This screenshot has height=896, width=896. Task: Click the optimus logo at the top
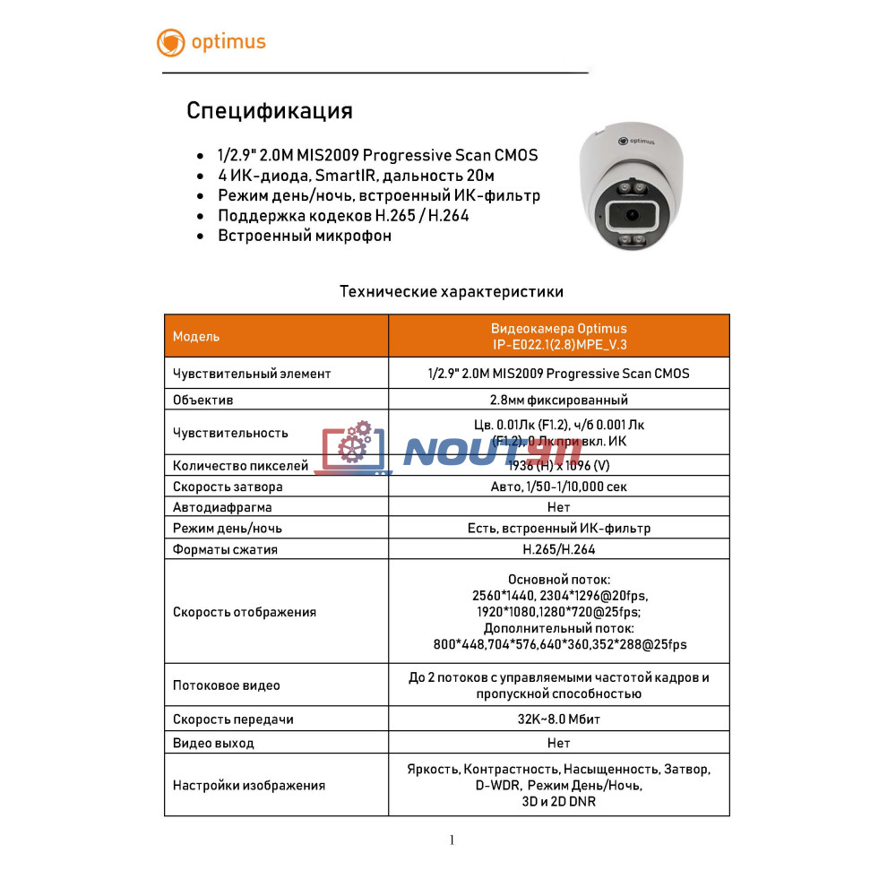point(211,42)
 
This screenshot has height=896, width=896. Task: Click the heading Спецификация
point(269,111)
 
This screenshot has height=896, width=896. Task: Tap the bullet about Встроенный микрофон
point(305,236)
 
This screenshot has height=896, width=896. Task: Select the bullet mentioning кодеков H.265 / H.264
point(343,216)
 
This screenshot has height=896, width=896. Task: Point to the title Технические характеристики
point(452,291)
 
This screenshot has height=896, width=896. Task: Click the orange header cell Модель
point(196,337)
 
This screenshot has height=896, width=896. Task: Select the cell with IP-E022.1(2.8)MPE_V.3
point(558,345)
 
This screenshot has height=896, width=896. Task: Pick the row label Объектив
point(202,400)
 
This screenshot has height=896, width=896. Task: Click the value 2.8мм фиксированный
point(558,400)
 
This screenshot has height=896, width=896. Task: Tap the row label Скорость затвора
point(228,487)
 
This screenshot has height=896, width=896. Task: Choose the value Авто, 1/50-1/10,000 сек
point(558,487)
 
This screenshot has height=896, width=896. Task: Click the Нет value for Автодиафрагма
point(558,507)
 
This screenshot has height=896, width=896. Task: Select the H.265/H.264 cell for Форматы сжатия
point(558,549)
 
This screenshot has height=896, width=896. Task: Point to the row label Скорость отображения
point(244,612)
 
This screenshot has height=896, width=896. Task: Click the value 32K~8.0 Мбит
point(558,719)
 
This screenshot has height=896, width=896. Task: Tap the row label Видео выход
point(213,743)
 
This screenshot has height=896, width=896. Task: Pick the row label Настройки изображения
point(248,785)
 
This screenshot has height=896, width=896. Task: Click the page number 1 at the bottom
point(452,840)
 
